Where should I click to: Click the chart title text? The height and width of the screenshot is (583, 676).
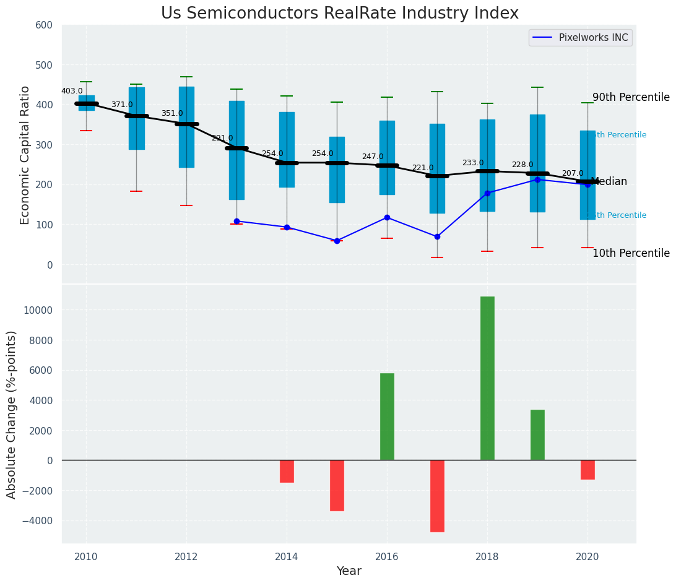pyautogui.click(x=339, y=14)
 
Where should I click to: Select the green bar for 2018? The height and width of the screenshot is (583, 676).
pyautogui.click(x=487, y=378)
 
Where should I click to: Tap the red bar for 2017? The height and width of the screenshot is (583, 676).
pyautogui.click(x=437, y=496)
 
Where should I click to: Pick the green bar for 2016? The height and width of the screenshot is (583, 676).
pyautogui.click(x=387, y=417)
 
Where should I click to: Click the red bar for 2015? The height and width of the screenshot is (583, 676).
pyautogui.click(x=337, y=485)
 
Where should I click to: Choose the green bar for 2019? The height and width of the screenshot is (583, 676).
pyautogui.click(x=537, y=434)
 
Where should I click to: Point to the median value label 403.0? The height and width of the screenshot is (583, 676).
pyautogui.click(x=72, y=92)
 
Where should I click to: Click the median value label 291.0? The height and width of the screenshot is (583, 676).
pyautogui.click(x=222, y=139)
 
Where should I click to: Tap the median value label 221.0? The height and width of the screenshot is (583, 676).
pyautogui.click(x=423, y=168)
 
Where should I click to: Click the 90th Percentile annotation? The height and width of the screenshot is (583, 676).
pyautogui.click(x=631, y=98)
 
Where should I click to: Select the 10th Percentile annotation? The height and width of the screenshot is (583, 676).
pyautogui.click(x=631, y=254)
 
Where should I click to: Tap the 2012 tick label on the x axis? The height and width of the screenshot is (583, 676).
pyautogui.click(x=186, y=556)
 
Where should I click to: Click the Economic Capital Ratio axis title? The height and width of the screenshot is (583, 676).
pyautogui.click(x=25, y=155)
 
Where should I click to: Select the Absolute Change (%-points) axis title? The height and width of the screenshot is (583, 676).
pyautogui.click(x=12, y=414)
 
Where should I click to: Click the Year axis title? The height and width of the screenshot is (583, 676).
pyautogui.click(x=349, y=571)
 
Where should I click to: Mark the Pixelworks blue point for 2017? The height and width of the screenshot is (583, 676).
pyautogui.click(x=437, y=236)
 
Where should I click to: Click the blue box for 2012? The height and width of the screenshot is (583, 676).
pyautogui.click(x=186, y=127)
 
